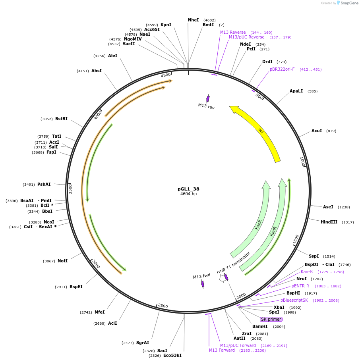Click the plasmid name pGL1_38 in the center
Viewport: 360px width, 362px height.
pyautogui.click(x=188, y=189)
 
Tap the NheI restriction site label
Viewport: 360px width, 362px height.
pyautogui.click(x=193, y=20)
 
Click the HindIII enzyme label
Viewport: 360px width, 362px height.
pyautogui.click(x=329, y=222)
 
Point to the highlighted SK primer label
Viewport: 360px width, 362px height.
pyautogui.click(x=271, y=319)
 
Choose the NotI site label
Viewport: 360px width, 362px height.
pyautogui.click(x=62, y=261)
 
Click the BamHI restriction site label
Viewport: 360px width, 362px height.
pyautogui.click(x=260, y=326)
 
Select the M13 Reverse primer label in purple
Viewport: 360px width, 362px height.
pyautogui.click(x=233, y=32)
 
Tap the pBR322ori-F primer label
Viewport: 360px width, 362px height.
pyautogui.click(x=282, y=69)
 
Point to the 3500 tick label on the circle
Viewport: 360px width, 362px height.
pyautogui.click(x=70, y=188)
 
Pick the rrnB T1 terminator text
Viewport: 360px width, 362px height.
pyautogui.click(x=234, y=262)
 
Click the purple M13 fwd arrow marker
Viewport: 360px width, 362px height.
pyautogui.click(x=203, y=283)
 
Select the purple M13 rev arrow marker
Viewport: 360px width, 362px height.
pyautogui.click(x=207, y=98)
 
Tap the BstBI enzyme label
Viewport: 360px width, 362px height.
pyautogui.click(x=61, y=119)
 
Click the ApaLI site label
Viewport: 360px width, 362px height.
pyautogui.click(x=296, y=91)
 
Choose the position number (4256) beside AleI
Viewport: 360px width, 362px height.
pyautogui.click(x=99, y=56)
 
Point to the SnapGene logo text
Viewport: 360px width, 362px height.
pyautogui.click(x=350, y=3)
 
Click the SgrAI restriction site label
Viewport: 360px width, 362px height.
pyautogui.click(x=142, y=343)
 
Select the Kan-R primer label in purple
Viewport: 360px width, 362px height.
pyautogui.click(x=306, y=271)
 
